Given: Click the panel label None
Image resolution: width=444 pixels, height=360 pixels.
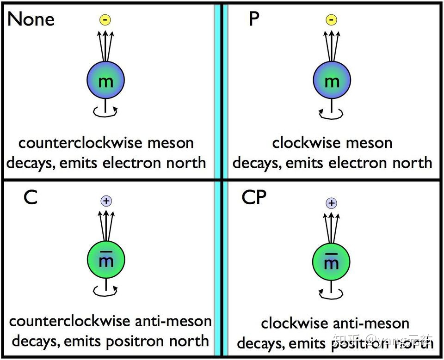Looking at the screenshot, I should coord(31,19).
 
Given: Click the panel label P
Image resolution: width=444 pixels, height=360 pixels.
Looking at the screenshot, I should coord(254,19).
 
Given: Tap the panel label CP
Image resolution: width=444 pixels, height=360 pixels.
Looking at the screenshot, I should coord(254,198).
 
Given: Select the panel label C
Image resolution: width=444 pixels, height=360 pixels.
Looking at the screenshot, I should coord(30,198).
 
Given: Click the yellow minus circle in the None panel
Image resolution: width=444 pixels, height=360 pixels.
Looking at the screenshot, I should coord(106,19).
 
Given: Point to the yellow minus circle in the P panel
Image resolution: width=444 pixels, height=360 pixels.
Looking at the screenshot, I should coord(332,19).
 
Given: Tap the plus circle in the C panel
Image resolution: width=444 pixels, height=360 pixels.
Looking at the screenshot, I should coord(106,201).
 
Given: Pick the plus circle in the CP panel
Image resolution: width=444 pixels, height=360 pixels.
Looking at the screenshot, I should coord(331,203).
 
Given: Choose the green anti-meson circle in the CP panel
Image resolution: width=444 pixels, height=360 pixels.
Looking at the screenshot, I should coord(331,262).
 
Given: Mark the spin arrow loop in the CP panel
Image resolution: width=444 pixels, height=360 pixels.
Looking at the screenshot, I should coord(331,292).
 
